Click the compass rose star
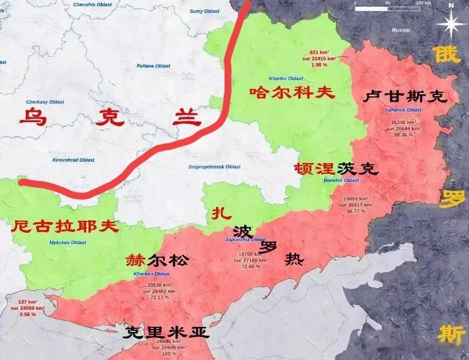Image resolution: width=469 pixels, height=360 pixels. tap(451, 24)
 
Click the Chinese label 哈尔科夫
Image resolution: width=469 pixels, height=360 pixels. tap(292, 92)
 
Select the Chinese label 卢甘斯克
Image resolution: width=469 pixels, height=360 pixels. tap(405, 97)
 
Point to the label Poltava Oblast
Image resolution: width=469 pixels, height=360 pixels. tap(153, 66)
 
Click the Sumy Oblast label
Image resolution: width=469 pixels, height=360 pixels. tap(204, 11)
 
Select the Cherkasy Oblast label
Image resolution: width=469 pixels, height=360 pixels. tap(45, 102)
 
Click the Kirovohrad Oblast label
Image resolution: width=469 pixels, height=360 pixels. tap(74, 160)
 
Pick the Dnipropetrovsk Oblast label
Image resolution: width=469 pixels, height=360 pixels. tap(215, 167)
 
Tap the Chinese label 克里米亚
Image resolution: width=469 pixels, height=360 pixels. tap(166, 332)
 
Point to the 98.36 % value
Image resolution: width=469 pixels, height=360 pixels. tap(403, 135)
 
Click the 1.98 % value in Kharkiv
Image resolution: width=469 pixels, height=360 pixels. tap(319, 65)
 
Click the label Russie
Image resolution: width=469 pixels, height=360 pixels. tap(401, 30)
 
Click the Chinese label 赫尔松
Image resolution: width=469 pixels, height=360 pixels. tap(157, 260)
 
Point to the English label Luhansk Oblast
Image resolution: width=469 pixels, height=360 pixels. tap(403, 110)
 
